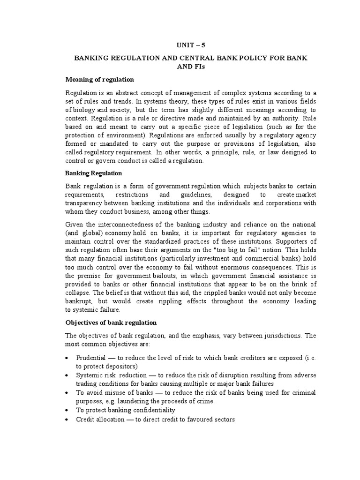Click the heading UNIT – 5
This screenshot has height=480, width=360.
pos(190,45)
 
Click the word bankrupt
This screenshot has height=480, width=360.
pos(77,301)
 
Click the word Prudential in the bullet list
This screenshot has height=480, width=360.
pos(91,358)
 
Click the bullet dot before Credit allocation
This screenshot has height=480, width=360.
pos(68,419)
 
